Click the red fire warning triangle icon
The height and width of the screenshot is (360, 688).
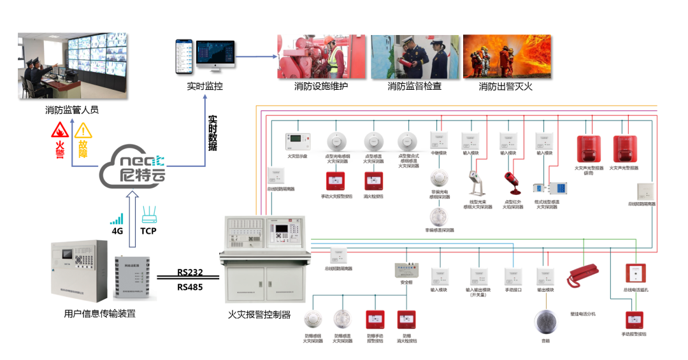point(61,131)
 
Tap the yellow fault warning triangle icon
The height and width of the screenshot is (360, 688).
point(83,131)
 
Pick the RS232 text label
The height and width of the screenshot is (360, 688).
point(190,273)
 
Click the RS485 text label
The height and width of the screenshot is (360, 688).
point(190,287)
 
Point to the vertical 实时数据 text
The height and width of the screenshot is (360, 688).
point(213,133)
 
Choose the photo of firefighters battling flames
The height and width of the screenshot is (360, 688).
point(506,57)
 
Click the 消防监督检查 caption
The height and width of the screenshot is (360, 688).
point(415,87)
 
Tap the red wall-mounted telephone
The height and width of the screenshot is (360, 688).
point(581,275)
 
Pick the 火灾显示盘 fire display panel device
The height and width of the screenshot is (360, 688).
point(297,140)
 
